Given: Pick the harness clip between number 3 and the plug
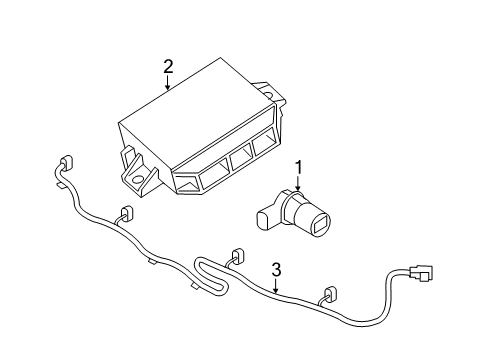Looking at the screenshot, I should [328, 295].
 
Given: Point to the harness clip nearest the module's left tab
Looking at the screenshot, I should [127, 213].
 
